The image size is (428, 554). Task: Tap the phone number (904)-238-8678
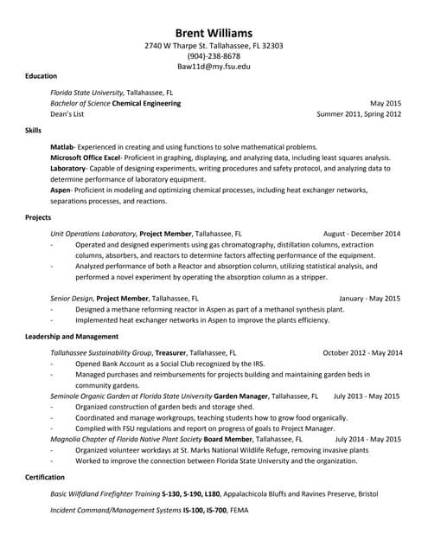coord(214,55)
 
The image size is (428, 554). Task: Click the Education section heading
coord(42,76)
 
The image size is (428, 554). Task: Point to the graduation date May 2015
coord(385,103)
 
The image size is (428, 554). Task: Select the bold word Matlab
coord(62,147)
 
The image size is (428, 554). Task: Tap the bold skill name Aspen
coord(61,190)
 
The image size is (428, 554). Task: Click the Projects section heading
coord(38,216)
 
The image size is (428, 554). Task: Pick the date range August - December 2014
coord(361,234)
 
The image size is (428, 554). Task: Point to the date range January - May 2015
coord(369,298)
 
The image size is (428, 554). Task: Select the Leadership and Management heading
coord(72,336)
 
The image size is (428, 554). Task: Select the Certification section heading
coord(45,477)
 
